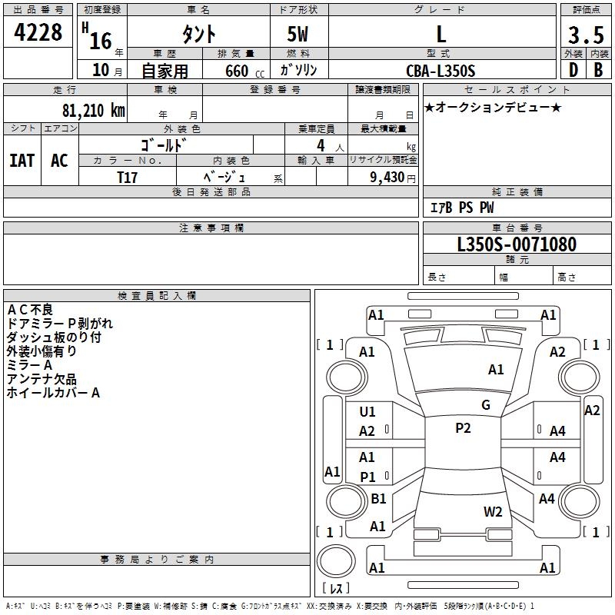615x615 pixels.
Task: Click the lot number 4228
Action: pyautogui.click(x=38, y=33)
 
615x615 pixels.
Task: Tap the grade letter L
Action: pyautogui.click(x=440, y=34)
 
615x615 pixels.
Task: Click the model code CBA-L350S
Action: pyautogui.click(x=440, y=71)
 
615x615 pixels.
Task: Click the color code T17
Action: pyautogui.click(x=128, y=176)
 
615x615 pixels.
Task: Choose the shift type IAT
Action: pyautogui.click(x=22, y=160)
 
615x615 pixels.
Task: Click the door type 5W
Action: pyautogui.click(x=298, y=34)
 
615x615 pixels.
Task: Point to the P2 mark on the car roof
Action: pyautogui.click(x=463, y=428)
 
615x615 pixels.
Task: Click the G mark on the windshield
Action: pyautogui.click(x=486, y=405)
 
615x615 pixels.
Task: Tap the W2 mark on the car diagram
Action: pyautogui.click(x=493, y=511)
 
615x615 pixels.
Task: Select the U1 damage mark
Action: pyautogui.click(x=367, y=412)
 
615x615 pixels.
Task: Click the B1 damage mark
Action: pyautogui.click(x=378, y=499)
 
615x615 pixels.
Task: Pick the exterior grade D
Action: pyautogui.click(x=573, y=71)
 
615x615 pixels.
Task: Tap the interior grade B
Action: pyautogui.click(x=599, y=71)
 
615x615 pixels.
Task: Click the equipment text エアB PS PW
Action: pyautogui.click(x=461, y=208)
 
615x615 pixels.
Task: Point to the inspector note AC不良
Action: pyautogui.click(x=30, y=310)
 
